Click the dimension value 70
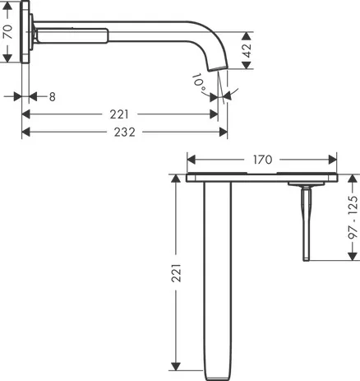tap(8, 33)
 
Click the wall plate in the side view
tap(30, 36)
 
